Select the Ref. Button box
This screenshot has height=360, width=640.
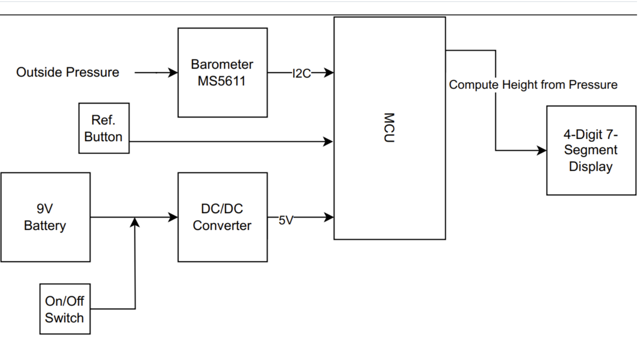104,128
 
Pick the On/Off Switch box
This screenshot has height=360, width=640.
65,309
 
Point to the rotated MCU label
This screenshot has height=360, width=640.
389,128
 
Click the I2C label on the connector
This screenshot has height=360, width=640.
301,73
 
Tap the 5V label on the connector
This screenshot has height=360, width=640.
286,220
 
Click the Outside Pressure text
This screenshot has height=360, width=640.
67,72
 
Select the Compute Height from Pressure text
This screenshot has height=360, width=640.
533,84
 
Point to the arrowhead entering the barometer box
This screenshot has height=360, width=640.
173,72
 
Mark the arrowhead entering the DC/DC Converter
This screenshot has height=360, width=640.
173,217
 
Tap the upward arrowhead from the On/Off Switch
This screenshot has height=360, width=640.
134,222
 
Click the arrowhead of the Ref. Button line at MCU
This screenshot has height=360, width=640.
328,142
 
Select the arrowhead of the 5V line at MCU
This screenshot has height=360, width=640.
329,217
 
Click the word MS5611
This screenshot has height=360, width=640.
222,81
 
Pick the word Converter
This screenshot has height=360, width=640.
222,226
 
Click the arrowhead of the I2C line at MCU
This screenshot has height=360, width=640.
329,72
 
